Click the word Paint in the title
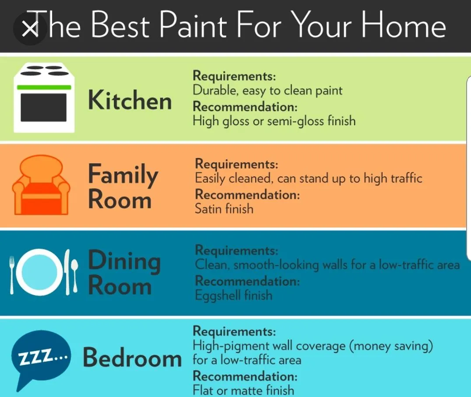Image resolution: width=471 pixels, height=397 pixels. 193,25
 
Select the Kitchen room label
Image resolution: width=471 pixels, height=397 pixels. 130,100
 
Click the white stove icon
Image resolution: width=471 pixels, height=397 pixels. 44,98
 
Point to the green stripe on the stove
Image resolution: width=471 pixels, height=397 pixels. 44,88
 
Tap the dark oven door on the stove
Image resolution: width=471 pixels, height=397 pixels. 44,108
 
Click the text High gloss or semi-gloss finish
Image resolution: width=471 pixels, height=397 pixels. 274,121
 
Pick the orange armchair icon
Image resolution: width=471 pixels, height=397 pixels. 41,185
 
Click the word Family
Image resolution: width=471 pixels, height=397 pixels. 123,175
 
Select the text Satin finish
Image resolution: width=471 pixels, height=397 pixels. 224,209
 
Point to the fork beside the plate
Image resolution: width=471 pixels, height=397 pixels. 12,275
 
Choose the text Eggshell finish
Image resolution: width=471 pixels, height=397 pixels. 234,295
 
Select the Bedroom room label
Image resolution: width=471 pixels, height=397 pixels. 132,357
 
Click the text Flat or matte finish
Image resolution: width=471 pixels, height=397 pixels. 243,390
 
